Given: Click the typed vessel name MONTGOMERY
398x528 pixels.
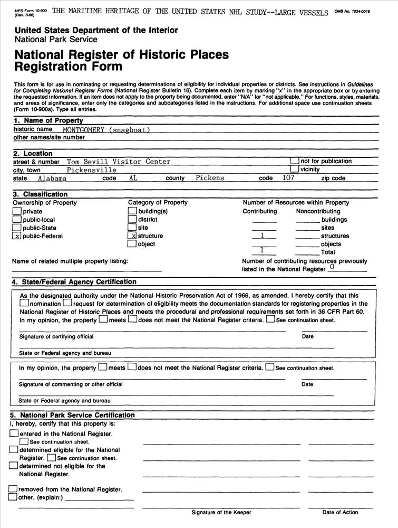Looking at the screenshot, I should click(83, 130).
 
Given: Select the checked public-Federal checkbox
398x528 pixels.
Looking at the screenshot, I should click(17, 236).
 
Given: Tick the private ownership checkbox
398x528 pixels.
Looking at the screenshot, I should click(17, 212).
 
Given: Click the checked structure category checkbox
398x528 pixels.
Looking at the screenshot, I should click(133, 236).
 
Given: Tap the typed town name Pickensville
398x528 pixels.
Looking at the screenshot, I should click(92, 170).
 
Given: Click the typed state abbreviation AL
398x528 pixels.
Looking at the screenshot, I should click(133, 178).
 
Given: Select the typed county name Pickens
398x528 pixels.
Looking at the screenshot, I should click(210, 178).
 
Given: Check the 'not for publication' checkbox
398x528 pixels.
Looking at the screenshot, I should click(295, 161).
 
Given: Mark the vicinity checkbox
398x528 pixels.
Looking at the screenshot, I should click(295, 169).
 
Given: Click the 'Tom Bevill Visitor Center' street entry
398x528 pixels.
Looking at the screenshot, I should click(119, 162).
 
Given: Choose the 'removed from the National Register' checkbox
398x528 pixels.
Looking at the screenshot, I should click(13, 489).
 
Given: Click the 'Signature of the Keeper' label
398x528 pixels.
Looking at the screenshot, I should click(221, 512).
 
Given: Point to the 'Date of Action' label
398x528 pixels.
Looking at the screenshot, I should click(340, 512).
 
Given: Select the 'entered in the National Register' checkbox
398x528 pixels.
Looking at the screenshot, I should click(14, 433).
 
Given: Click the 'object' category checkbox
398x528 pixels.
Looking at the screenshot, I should click(133, 244).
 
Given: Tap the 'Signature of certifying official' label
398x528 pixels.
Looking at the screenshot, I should click(56, 336).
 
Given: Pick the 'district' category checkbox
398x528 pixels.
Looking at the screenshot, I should click(133, 220).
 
